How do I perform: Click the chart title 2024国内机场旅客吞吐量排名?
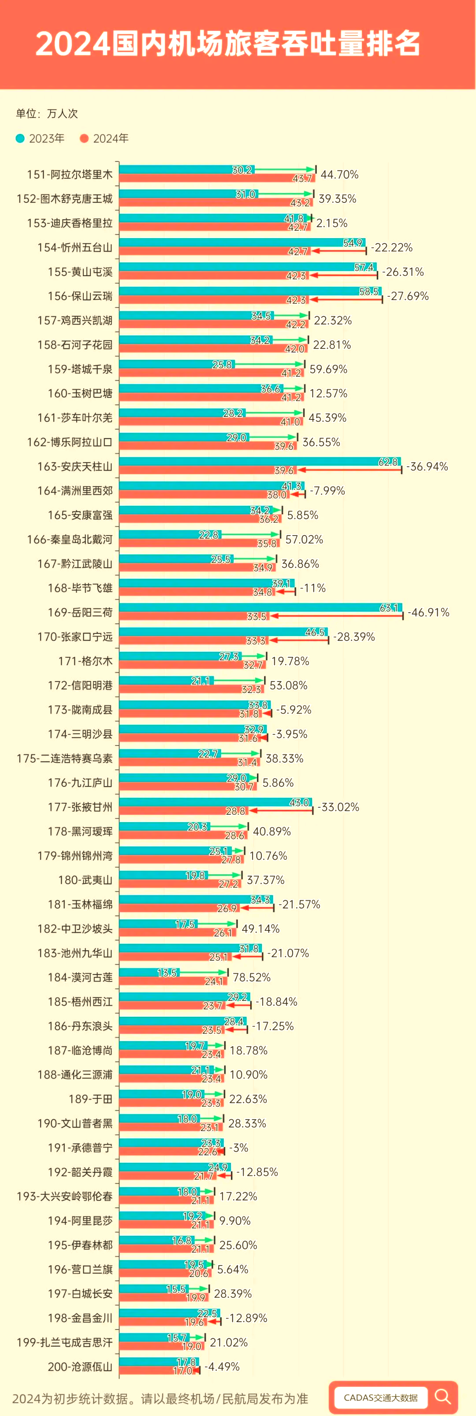pos(228,44)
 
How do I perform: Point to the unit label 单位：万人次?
pos(47,114)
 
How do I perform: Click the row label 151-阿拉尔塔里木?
pos(70,175)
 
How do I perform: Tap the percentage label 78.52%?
pos(252,978)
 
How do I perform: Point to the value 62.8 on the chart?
pos(387,462)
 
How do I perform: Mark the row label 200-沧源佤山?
pos(80,1367)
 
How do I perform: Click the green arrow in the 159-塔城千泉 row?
pos(269,364)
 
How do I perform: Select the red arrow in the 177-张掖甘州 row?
pos(280,810)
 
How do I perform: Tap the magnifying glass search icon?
pos(443,1396)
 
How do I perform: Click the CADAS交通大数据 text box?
pos(380,1397)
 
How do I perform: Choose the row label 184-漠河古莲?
pos(80,978)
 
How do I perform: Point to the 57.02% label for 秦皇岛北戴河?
pos(304,540)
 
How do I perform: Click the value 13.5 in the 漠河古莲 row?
pos(167,973)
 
